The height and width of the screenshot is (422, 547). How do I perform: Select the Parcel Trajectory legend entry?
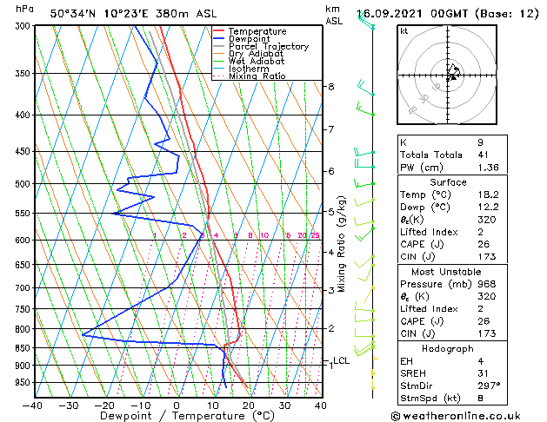[268, 47]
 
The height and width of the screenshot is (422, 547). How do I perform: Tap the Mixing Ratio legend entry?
[258, 76]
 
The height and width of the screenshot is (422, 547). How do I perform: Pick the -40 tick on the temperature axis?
[33, 405]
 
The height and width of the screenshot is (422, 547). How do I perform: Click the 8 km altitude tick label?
[330, 87]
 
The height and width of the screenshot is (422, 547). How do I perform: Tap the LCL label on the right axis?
[341, 360]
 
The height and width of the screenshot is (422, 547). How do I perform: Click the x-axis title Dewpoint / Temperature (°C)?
[176, 416]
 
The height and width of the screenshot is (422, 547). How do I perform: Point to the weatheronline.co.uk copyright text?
[467, 415]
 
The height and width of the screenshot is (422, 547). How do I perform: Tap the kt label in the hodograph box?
[404, 31]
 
